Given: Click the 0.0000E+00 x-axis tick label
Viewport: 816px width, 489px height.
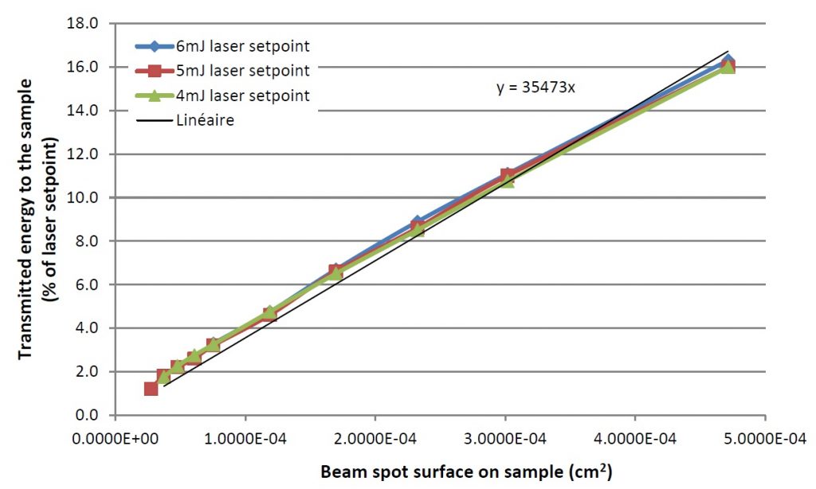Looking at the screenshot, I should [116, 438].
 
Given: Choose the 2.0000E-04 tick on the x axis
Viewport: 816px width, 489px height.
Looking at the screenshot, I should [375, 438].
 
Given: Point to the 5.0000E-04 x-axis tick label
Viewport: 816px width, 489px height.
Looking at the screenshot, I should [764, 438].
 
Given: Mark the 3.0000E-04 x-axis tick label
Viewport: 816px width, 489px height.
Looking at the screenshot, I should [505, 438].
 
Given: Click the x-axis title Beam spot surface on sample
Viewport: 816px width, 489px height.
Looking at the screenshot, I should [466, 471].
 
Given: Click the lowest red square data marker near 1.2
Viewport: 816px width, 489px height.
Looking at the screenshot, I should [151, 389].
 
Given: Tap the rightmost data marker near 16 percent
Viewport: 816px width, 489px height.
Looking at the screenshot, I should [727, 65].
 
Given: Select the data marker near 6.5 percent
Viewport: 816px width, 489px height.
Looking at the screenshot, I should [335, 273].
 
